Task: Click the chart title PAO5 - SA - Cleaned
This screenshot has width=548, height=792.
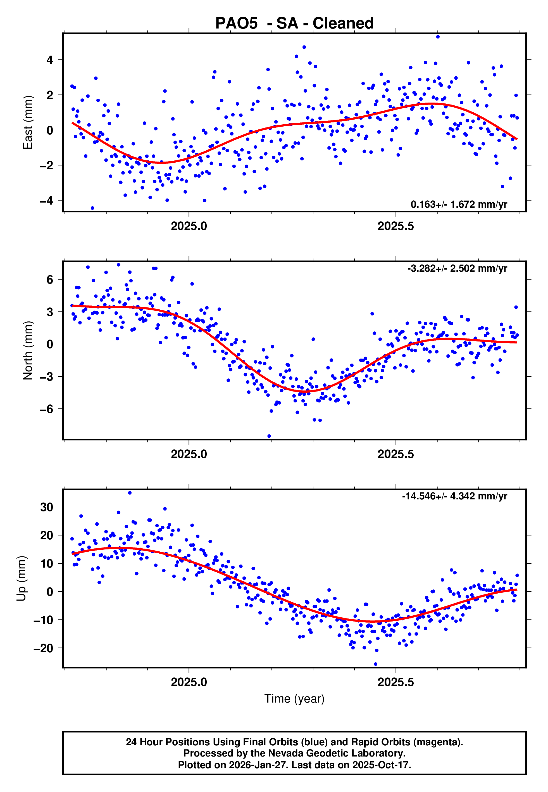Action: point(294,23)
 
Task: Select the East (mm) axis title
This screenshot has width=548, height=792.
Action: point(28,122)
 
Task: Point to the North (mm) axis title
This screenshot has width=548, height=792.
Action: point(28,350)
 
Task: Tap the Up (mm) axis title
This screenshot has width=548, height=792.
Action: point(21,578)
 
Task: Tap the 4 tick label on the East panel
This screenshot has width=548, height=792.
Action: point(50,60)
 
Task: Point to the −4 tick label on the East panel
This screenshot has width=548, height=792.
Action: point(47,201)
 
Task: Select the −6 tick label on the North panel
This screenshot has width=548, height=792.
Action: point(47,409)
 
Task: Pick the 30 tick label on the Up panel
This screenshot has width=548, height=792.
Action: point(47,507)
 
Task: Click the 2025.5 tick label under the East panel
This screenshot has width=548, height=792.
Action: point(395,226)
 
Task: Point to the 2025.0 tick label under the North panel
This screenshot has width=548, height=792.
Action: point(189,454)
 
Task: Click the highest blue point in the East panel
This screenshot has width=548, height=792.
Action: point(438,37)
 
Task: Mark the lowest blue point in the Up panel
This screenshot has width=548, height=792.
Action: point(376,664)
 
